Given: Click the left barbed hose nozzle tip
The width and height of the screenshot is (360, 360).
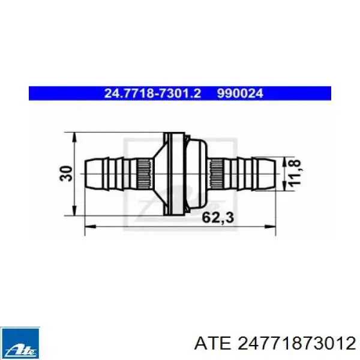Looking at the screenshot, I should point(89,173).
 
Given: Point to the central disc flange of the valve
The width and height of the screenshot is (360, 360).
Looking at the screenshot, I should point(172,173).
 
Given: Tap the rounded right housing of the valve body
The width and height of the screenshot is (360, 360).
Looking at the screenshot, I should point(195,173).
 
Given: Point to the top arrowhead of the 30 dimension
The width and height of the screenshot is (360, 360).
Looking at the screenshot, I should point(74,137).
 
